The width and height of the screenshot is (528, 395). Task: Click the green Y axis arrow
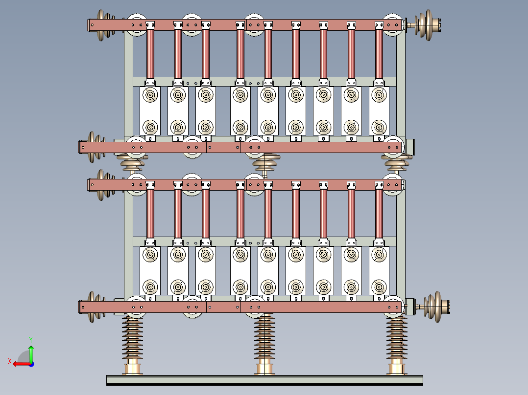coord(31,353)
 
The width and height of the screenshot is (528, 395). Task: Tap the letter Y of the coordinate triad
coord(31,340)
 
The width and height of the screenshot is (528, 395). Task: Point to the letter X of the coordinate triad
coord(10,361)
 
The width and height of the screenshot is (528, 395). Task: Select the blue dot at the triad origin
coord(31,364)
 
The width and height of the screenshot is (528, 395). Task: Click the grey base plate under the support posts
coord(264,380)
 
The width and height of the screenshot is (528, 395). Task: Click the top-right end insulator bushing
coord(424,25)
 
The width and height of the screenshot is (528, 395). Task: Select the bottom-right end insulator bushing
coord(432,307)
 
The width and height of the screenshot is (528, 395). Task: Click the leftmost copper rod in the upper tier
coord(150,54)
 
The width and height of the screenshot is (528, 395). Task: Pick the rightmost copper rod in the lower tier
coord(379,214)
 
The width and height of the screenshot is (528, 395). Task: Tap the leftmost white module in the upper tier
coord(150,111)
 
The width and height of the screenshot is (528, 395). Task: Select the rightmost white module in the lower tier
coord(379,271)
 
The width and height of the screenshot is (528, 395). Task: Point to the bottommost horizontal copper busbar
coord(241,307)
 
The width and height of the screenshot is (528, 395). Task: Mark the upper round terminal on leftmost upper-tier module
coord(150,95)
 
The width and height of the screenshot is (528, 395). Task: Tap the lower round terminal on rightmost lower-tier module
coord(379,287)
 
